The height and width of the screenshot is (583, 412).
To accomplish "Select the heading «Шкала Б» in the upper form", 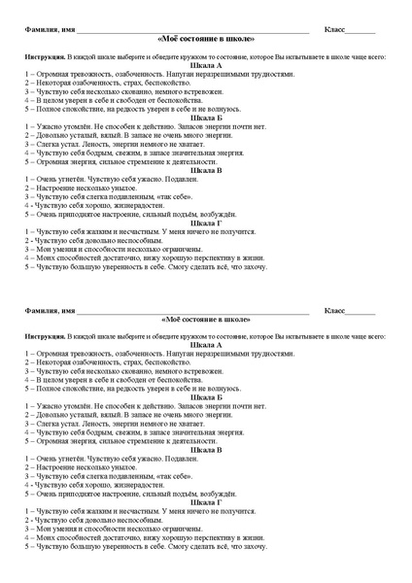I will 206,118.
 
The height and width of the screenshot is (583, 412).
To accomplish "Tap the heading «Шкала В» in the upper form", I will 206,170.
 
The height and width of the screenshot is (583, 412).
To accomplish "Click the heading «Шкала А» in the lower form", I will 206,344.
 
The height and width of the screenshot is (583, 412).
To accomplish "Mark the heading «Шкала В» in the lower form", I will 206,449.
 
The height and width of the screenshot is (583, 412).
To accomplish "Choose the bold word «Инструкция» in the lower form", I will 46,335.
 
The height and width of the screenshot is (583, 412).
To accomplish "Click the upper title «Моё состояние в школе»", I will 206,39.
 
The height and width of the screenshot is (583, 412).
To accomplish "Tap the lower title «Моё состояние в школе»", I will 206,318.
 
